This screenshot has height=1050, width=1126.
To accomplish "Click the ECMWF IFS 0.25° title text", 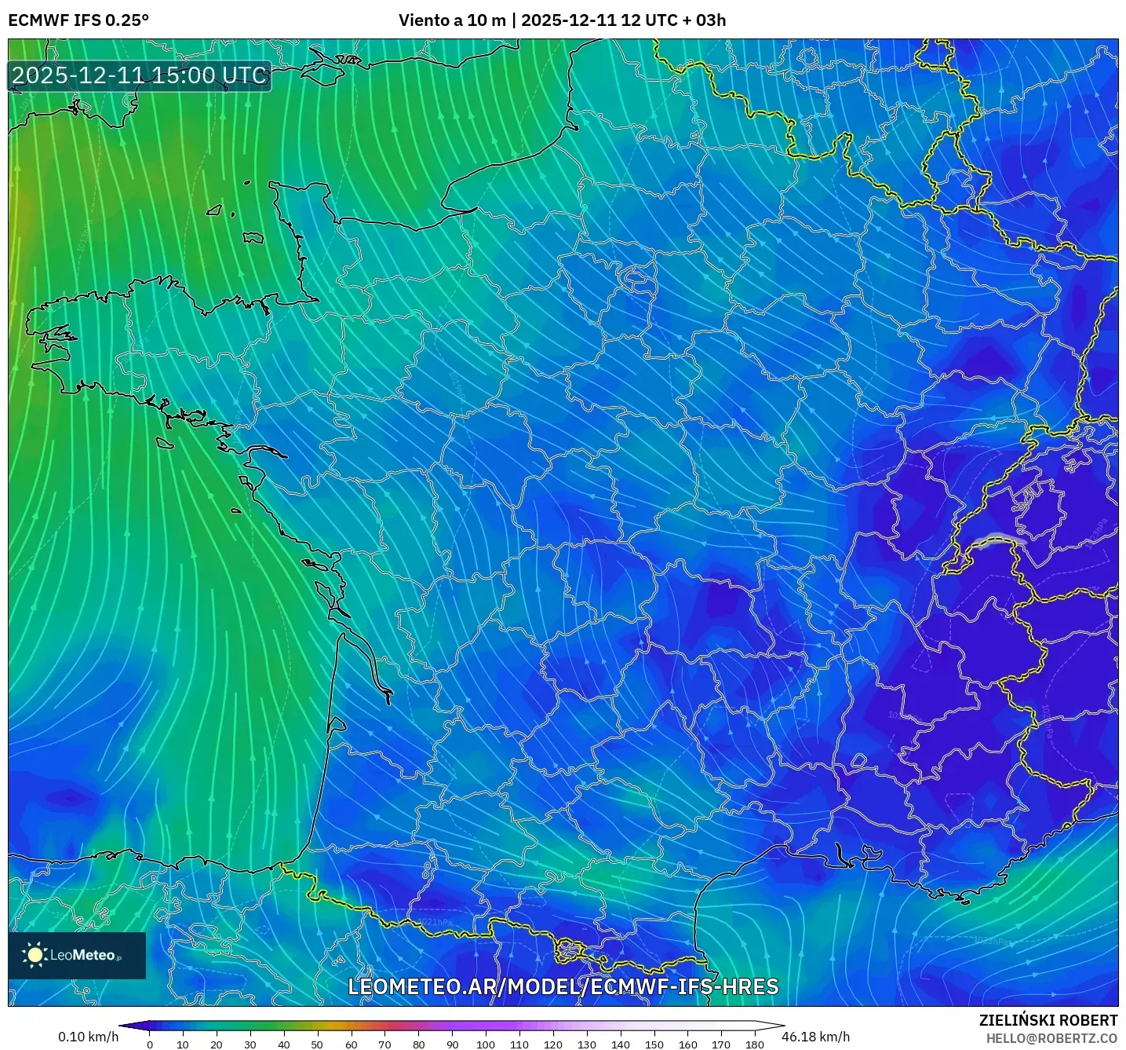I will [x=78, y=20].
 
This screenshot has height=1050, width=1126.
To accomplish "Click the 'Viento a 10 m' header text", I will [x=452, y=20].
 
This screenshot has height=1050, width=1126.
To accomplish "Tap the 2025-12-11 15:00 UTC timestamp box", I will [x=140, y=75].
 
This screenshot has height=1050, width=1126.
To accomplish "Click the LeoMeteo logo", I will [x=77, y=955].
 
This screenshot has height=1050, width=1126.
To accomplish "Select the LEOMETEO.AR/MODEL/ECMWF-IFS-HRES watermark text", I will [x=563, y=986].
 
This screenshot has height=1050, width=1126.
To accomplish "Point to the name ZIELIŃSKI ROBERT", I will [x=1048, y=1020].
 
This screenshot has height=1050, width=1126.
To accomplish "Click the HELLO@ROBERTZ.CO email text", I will [x=1051, y=1038].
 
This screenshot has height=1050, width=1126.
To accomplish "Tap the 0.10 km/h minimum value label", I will [x=88, y=1037].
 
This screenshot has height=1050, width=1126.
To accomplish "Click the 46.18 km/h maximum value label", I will [x=815, y=1037].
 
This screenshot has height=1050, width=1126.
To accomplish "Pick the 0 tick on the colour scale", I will [x=150, y=1045].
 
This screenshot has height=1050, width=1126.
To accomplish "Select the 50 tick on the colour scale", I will [x=317, y=1045].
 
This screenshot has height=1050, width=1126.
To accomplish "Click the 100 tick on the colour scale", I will [x=485, y=1045].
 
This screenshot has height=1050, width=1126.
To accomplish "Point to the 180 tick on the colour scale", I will [x=754, y=1045].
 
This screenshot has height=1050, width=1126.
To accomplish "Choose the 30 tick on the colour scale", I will [x=250, y=1045].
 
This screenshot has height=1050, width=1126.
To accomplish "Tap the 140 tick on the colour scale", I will [x=620, y=1045].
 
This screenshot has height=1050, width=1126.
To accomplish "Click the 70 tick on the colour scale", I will [x=384, y=1045].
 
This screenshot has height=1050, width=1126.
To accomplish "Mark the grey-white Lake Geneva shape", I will [x=1000, y=540].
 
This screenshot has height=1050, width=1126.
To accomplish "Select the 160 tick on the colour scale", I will [x=687, y=1045].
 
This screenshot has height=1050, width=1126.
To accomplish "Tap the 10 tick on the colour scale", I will [x=183, y=1045].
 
